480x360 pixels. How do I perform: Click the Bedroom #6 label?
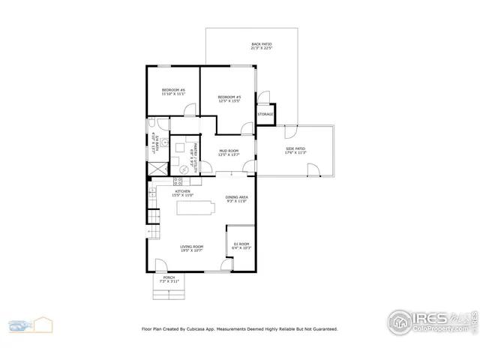click(172, 90)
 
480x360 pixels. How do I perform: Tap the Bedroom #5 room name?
click(229, 97)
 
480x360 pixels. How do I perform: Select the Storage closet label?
click(265, 115)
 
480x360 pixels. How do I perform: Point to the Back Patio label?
click(261, 45)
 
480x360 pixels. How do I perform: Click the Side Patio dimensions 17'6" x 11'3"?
click(295, 152)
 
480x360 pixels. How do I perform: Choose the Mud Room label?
click(229, 151)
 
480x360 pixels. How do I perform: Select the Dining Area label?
click(236, 197)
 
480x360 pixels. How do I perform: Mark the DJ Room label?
click(241, 244)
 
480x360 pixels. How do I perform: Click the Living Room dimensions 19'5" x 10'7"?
click(192, 250)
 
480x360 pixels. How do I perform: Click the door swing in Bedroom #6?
click(190, 111)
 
